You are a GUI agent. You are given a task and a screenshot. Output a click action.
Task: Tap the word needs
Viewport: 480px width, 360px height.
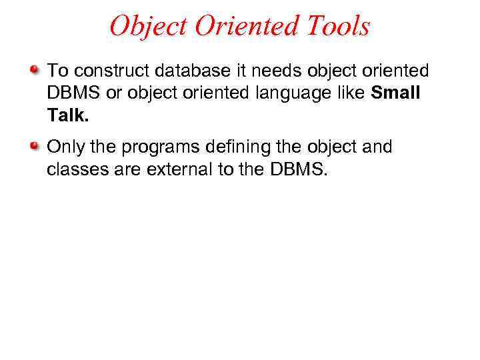255,71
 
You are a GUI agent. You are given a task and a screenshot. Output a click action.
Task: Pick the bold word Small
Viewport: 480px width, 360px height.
396,93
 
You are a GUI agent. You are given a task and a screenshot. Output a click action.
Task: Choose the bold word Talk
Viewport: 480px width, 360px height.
66,116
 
